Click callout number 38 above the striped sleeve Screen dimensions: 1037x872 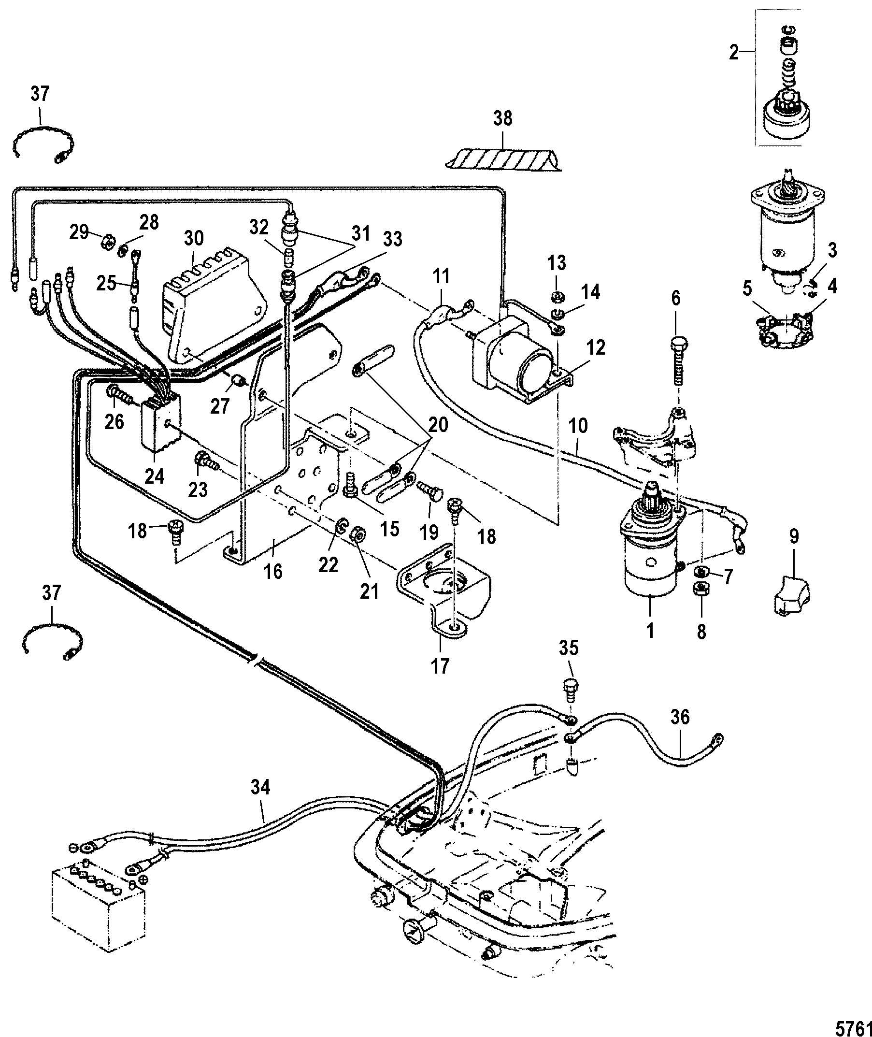[503, 119]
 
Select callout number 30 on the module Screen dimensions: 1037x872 [193, 238]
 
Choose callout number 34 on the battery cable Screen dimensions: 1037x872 [260, 787]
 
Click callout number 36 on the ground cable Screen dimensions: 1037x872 [680, 718]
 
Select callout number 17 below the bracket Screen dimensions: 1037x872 [440, 666]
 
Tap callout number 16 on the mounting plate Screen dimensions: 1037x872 [273, 571]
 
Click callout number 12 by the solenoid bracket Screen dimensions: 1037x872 [597, 347]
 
